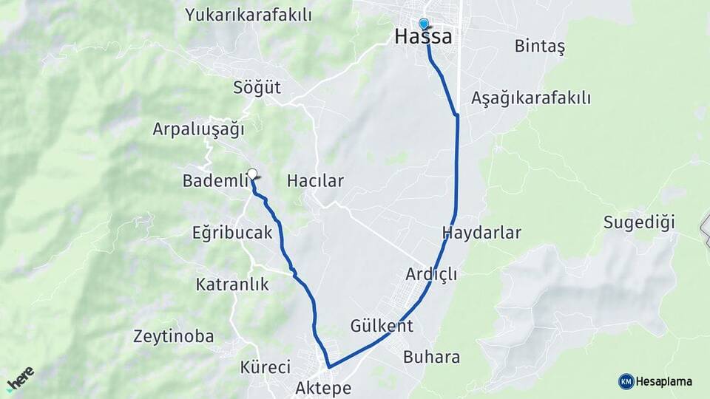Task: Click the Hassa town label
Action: tap(424, 36)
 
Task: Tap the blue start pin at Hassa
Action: tap(423, 24)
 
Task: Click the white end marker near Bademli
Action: tap(252, 174)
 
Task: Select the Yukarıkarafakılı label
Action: tap(248, 15)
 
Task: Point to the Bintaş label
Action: tap(539, 47)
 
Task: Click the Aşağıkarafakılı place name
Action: tap(531, 98)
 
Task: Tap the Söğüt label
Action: tap(257, 87)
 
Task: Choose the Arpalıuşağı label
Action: tap(198, 129)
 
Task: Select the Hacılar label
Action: tap(315, 180)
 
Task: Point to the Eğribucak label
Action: tap(233, 233)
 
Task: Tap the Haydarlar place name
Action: tap(481, 233)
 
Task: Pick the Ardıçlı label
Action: tap(431, 274)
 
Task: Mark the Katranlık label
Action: tap(232, 284)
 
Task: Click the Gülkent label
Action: tap(382, 326)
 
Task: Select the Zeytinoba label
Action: tap(174, 337)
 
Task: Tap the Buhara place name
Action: tap(432, 358)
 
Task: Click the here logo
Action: tap(20, 378)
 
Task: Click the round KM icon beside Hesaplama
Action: tap(626, 381)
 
